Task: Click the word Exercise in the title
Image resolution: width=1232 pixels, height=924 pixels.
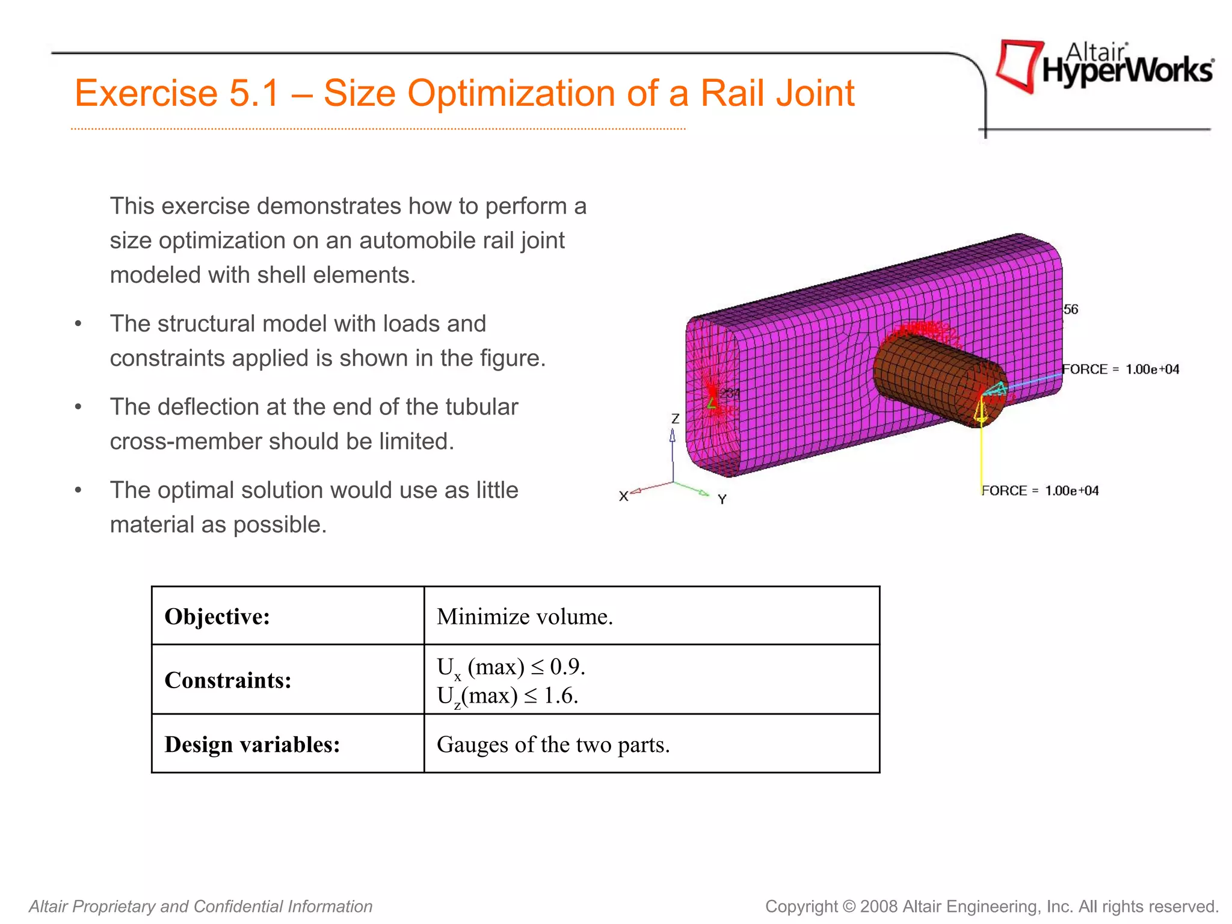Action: coord(146,94)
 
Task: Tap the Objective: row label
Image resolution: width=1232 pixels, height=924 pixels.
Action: coord(217,617)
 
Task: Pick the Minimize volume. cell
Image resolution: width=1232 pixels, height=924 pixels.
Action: coord(525,617)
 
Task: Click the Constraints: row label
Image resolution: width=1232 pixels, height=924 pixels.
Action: coord(228,680)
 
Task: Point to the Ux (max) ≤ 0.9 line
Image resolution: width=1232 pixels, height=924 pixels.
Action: coord(511,667)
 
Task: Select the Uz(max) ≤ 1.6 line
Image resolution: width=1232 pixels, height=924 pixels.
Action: coord(507,696)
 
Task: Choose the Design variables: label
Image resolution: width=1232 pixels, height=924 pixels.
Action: coord(252,745)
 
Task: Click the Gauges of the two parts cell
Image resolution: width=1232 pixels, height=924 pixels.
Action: coord(553,745)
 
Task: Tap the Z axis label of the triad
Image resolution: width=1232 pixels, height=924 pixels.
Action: coord(675,419)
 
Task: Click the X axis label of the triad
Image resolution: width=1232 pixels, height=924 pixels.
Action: coord(623,496)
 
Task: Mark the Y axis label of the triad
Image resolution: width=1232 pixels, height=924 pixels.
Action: coord(722,499)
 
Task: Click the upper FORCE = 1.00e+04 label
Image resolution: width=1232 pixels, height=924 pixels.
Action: coord(1120,369)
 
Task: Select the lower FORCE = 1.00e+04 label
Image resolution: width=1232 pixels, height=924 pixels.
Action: coord(1040,491)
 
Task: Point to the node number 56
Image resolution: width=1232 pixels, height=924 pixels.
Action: coord(1071,310)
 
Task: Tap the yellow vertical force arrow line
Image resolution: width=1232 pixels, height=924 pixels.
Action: coord(981,457)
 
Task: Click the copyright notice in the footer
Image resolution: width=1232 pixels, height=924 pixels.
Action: coord(991,906)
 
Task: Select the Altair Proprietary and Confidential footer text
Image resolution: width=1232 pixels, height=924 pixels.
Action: coord(200,906)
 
